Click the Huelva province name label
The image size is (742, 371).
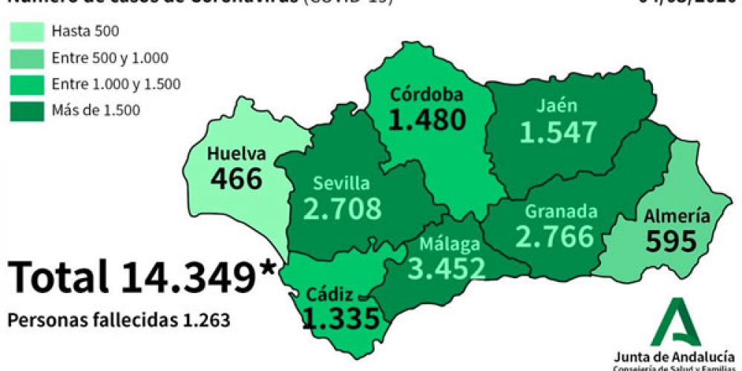tap(236, 154)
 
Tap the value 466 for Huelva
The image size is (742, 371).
tap(236, 179)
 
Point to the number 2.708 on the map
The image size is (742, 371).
tap(342, 209)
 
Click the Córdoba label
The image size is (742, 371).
tap(427, 95)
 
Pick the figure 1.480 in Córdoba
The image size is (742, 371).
tap(428, 119)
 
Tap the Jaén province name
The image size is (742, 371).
tap(557, 105)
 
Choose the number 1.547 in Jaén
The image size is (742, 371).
tap(558, 131)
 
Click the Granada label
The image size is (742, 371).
tap(561, 211)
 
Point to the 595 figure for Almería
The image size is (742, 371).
tap(672, 241)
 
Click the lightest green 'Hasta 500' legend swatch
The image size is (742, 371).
tap(27, 31)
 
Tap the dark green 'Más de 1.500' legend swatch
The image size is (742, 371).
tap(27, 111)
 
